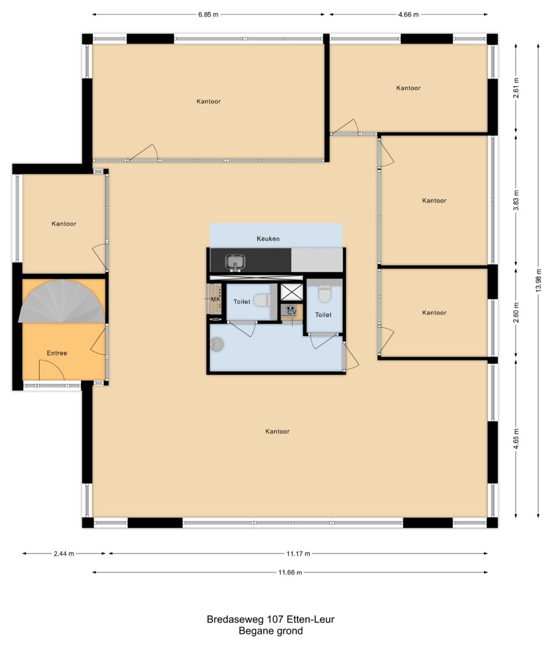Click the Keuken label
(268, 239)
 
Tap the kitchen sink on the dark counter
(235, 263)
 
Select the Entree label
(57, 353)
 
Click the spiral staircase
(62, 301)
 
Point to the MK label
(215, 299)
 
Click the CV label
(292, 312)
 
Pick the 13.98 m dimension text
(538, 280)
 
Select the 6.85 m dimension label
(208, 14)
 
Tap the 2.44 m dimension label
(64, 553)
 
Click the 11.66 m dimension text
(290, 573)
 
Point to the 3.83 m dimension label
(516, 201)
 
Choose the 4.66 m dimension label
(408, 14)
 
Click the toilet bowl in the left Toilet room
(262, 300)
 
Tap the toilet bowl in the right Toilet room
(324, 294)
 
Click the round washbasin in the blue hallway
(217, 344)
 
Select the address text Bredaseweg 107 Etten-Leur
(270, 619)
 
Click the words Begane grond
(270, 631)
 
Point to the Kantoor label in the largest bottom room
(278, 431)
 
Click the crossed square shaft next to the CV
(292, 292)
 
